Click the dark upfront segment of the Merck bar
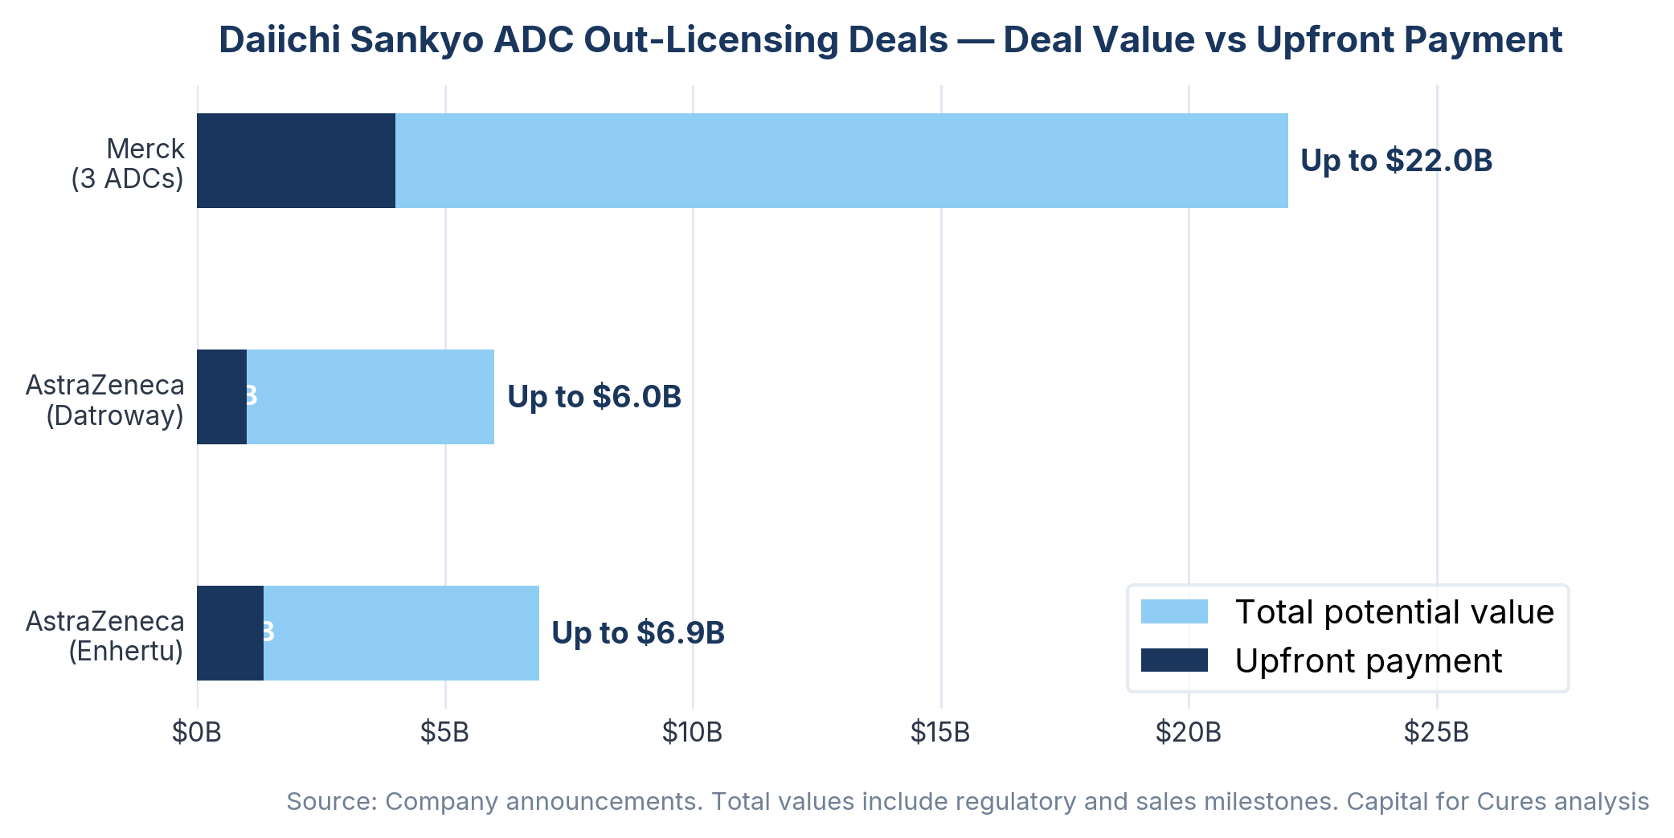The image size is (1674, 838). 296,161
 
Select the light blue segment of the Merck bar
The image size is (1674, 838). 841,161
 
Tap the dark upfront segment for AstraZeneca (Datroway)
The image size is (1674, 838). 221,397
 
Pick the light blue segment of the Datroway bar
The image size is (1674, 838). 370,397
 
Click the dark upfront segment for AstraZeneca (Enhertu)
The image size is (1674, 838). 230,633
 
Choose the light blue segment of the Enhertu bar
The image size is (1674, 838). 401,633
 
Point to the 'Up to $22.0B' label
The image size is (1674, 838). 1396,161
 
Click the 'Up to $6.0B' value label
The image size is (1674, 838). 594,397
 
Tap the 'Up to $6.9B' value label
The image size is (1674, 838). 638,633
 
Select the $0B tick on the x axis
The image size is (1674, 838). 197,733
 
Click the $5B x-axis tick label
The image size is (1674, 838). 444,733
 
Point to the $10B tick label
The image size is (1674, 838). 692,733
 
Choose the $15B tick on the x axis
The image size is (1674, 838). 940,733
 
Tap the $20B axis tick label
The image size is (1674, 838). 1188,733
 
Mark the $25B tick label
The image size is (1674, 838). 1436,733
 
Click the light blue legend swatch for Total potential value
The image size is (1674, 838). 1174,612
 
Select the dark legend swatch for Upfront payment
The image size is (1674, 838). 1174,660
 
